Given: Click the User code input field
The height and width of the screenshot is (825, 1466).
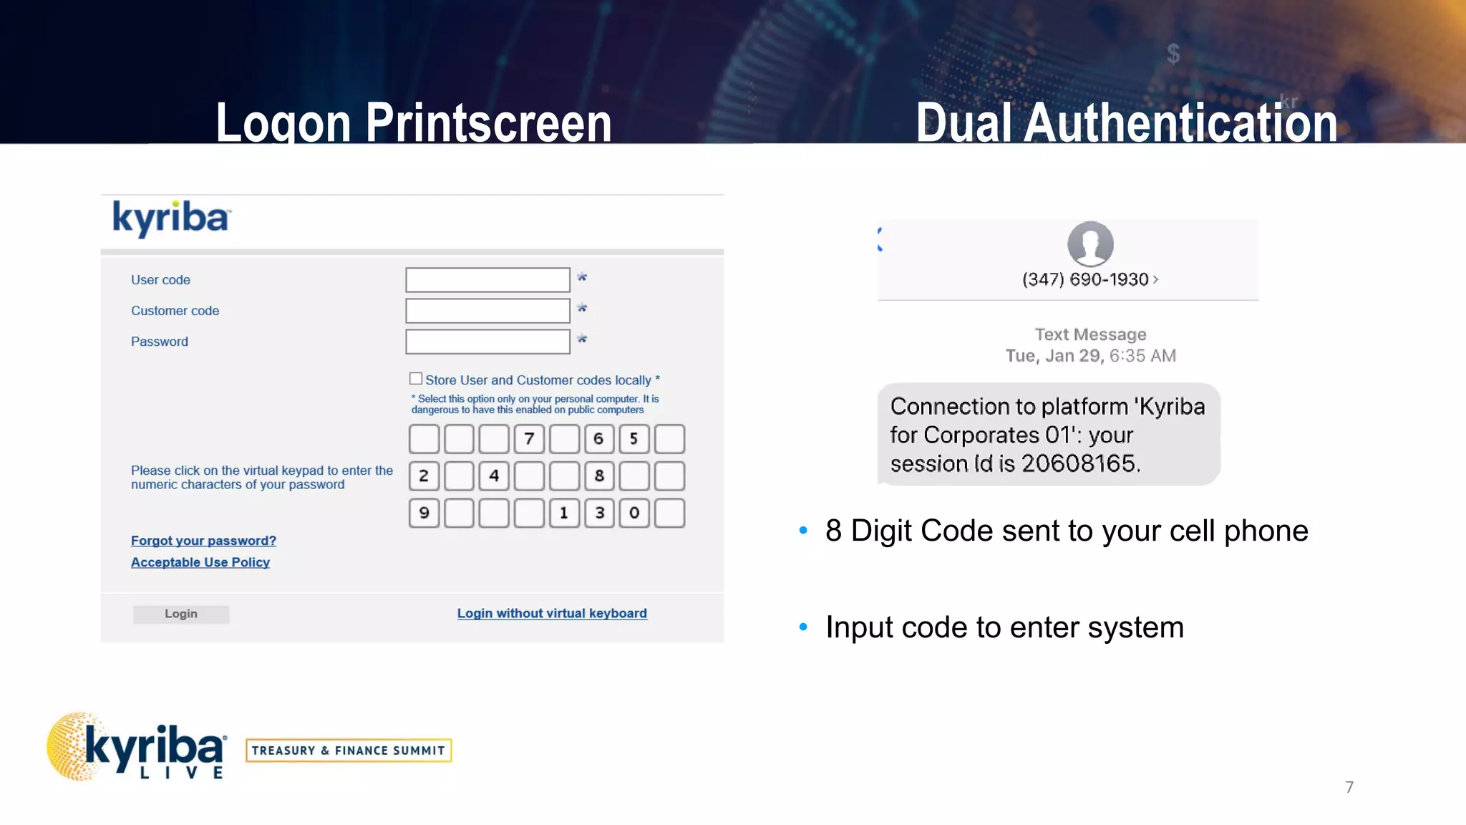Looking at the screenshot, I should coord(487,280).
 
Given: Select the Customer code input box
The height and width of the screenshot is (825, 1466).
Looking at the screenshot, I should coord(487,311).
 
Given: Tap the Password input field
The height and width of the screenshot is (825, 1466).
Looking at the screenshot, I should coord(487,342).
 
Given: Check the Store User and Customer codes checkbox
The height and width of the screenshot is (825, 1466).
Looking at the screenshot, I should coord(416,379).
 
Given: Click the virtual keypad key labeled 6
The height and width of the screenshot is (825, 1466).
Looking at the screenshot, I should coord(599,439).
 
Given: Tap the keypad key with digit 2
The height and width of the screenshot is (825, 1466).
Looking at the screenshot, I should coord(424,476).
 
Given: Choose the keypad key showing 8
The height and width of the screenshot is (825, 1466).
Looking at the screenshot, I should coord(599,476).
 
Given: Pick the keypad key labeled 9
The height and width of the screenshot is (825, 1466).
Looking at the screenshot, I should coord(424,513).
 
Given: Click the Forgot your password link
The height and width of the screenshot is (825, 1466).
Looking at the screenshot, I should coord(203,541).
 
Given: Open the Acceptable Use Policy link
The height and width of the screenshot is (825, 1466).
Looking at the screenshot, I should coord(200,562).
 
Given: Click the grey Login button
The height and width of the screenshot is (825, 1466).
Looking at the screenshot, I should coord(181,614).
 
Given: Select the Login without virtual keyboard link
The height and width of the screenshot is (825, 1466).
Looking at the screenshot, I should coord(552,613).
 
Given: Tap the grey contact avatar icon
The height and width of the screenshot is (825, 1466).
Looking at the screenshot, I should coord(1090,243).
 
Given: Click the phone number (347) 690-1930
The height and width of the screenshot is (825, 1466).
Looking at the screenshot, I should coord(1085,279).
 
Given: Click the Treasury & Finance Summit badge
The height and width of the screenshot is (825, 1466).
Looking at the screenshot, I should coord(349,751).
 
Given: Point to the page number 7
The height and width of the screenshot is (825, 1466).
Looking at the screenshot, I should coord(1349,788).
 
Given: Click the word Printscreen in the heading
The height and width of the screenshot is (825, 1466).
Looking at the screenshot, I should coord(489,123).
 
